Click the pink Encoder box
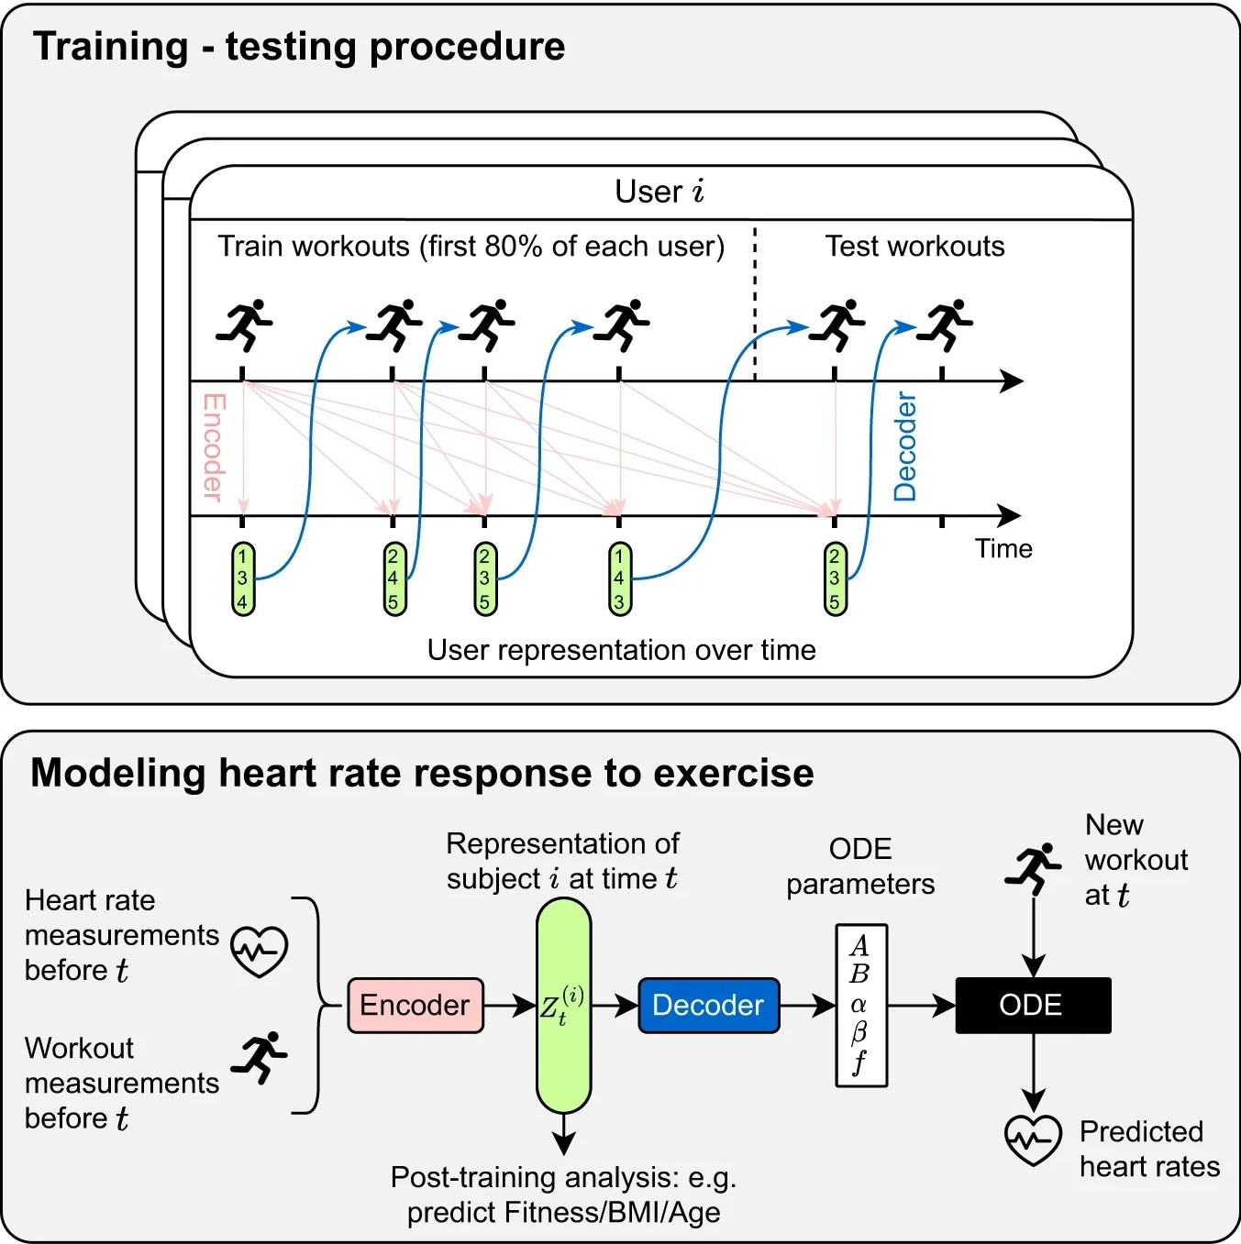[x=416, y=1006]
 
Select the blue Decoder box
[x=708, y=1006]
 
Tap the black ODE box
[x=1033, y=1006]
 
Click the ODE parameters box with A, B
[x=860, y=1006]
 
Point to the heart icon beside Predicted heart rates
[x=1033, y=1139]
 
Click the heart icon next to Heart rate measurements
[x=260, y=951]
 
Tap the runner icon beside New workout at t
[x=1033, y=869]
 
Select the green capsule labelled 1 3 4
[x=242, y=578]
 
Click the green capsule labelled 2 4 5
[x=393, y=578]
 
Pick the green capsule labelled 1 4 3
[x=619, y=578]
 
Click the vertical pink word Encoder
[x=214, y=447]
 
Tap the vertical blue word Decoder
[x=905, y=447]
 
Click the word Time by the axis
[x=1003, y=549]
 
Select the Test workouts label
[x=914, y=247]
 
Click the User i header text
[x=659, y=192]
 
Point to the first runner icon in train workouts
[x=244, y=325]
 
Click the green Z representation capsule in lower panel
[x=563, y=1006]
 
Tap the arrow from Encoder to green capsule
[x=510, y=1006]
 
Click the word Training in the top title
[x=110, y=47]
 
